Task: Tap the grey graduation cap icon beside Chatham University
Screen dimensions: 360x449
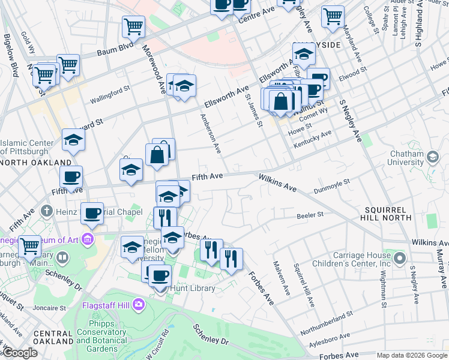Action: coord(432,158)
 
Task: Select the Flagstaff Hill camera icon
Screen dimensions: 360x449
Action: coord(139,305)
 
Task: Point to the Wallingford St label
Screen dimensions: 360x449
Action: coord(110,90)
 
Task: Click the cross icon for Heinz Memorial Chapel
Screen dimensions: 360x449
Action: coord(47,211)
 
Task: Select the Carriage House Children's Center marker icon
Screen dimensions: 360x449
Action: coord(400,259)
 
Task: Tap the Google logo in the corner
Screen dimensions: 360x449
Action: coord(20,353)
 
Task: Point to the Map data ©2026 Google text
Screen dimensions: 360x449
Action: coord(412,356)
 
